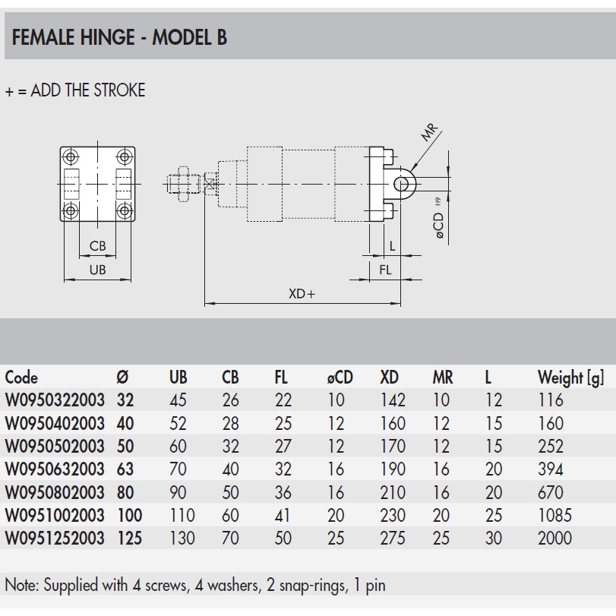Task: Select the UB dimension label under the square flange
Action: [x=97, y=270]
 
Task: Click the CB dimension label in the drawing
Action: [x=97, y=245]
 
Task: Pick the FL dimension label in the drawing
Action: [x=386, y=270]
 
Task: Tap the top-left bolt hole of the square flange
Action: [x=71, y=157]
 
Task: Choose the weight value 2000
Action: [x=554, y=539]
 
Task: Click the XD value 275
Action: [x=393, y=539]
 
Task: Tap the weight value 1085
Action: [x=554, y=516]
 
